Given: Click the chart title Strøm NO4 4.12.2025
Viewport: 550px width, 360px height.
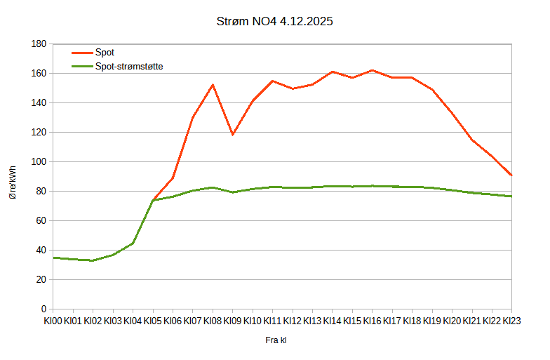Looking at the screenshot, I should (x=274, y=21).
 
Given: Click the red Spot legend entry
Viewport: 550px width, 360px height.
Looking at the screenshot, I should (x=105, y=53).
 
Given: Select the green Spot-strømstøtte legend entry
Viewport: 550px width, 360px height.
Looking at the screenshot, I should (x=129, y=66).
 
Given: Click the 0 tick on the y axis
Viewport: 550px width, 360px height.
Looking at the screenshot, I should (x=43, y=309).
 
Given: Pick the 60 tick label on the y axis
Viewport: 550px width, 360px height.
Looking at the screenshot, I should (x=40, y=221).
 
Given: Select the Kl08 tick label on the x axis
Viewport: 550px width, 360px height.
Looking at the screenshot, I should (x=213, y=321).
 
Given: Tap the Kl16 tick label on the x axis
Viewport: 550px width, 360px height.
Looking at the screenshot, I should (x=372, y=321).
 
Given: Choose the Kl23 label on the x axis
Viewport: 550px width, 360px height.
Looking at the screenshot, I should (x=511, y=321).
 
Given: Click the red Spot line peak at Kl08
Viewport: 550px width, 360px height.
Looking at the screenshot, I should (x=213, y=85).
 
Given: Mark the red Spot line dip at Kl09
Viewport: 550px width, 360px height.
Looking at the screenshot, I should (x=232, y=134).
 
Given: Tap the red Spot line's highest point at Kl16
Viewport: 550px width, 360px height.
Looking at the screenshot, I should (x=372, y=70).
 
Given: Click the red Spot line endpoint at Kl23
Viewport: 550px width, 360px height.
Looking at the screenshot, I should (x=511, y=175).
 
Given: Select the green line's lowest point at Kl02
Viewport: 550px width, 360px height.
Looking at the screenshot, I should (x=93, y=260).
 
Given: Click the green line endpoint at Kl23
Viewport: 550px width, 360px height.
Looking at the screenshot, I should (x=511, y=196).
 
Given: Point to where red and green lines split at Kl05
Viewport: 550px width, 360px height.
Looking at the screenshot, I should (x=153, y=200).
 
